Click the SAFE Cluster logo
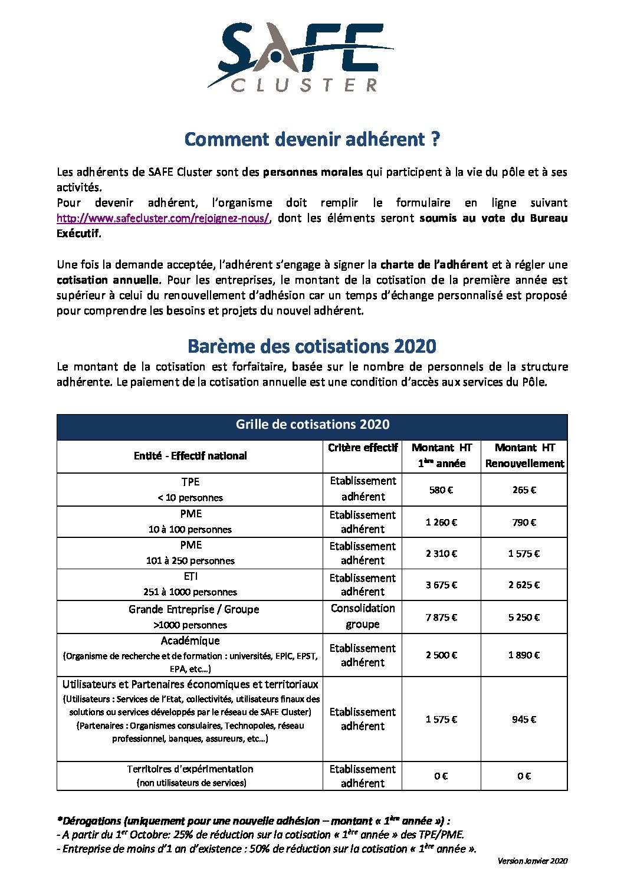pyautogui.click(x=301, y=57)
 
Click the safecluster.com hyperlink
pyautogui.click(x=163, y=218)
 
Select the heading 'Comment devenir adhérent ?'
pyautogui.click(x=312, y=139)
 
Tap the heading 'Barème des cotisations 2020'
pyautogui.click(x=312, y=346)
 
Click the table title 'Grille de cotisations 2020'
pyautogui.click(x=312, y=424)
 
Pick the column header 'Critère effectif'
pyautogui.click(x=362, y=448)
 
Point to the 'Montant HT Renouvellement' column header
pyautogui.click(x=524, y=455)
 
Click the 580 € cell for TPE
pyautogui.click(x=441, y=490)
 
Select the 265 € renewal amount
pyautogui.click(x=524, y=490)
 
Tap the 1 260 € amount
pyautogui.click(x=441, y=522)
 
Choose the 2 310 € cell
pyautogui.click(x=441, y=553)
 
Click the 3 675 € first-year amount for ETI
pyautogui.click(x=441, y=585)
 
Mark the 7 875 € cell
pyautogui.click(x=441, y=617)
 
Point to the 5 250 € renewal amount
pyautogui.click(x=524, y=617)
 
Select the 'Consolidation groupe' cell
pyautogui.click(x=362, y=616)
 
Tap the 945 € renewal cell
pyautogui.click(x=524, y=719)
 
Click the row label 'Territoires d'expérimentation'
pyautogui.click(x=190, y=769)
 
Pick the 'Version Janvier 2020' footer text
pyautogui.click(x=532, y=861)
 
